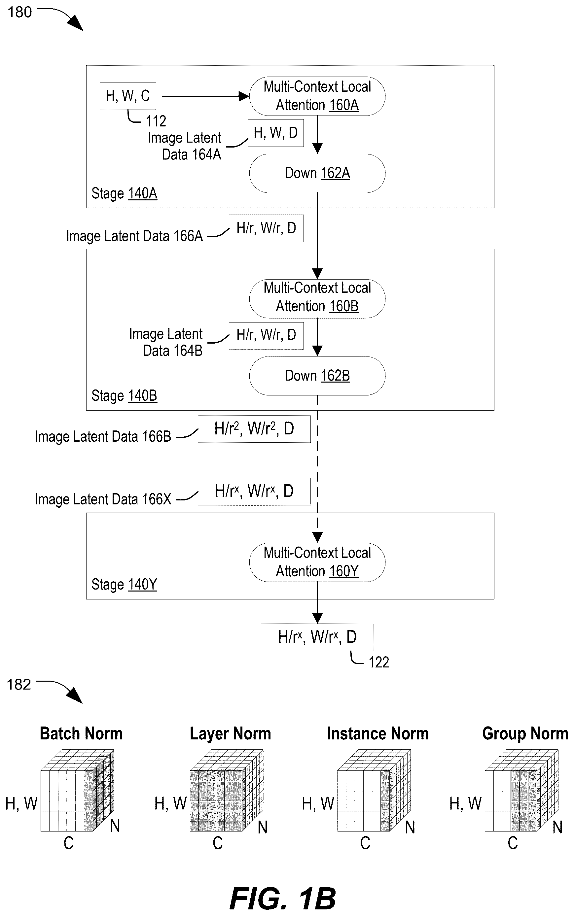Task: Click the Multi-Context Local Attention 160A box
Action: pyautogui.click(x=317, y=96)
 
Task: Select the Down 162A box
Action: pyautogui.click(x=317, y=173)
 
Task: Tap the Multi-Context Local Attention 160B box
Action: pyautogui.click(x=317, y=298)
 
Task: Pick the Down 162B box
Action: pyautogui.click(x=317, y=376)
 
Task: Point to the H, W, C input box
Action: pyautogui.click(x=128, y=96)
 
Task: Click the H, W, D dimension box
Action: pyautogui.click(x=276, y=133)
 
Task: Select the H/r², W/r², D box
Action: pyautogui.click(x=254, y=429)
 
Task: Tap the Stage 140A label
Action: pyautogui.click(x=124, y=193)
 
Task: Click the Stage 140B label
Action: pyautogui.click(x=124, y=395)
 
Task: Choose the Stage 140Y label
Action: pyautogui.click(x=124, y=584)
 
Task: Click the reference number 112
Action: pyautogui.click(x=156, y=121)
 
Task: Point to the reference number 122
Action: pyautogui.click(x=379, y=662)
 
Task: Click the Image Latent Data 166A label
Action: pyautogui.click(x=134, y=236)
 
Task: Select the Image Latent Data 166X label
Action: pyautogui.click(x=103, y=499)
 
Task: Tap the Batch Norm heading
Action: pyautogui.click(x=81, y=733)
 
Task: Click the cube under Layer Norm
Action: pyautogui.click(x=226, y=791)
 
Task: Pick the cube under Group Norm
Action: pyautogui.click(x=521, y=791)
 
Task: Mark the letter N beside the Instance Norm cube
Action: pyautogui.click(x=410, y=827)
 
